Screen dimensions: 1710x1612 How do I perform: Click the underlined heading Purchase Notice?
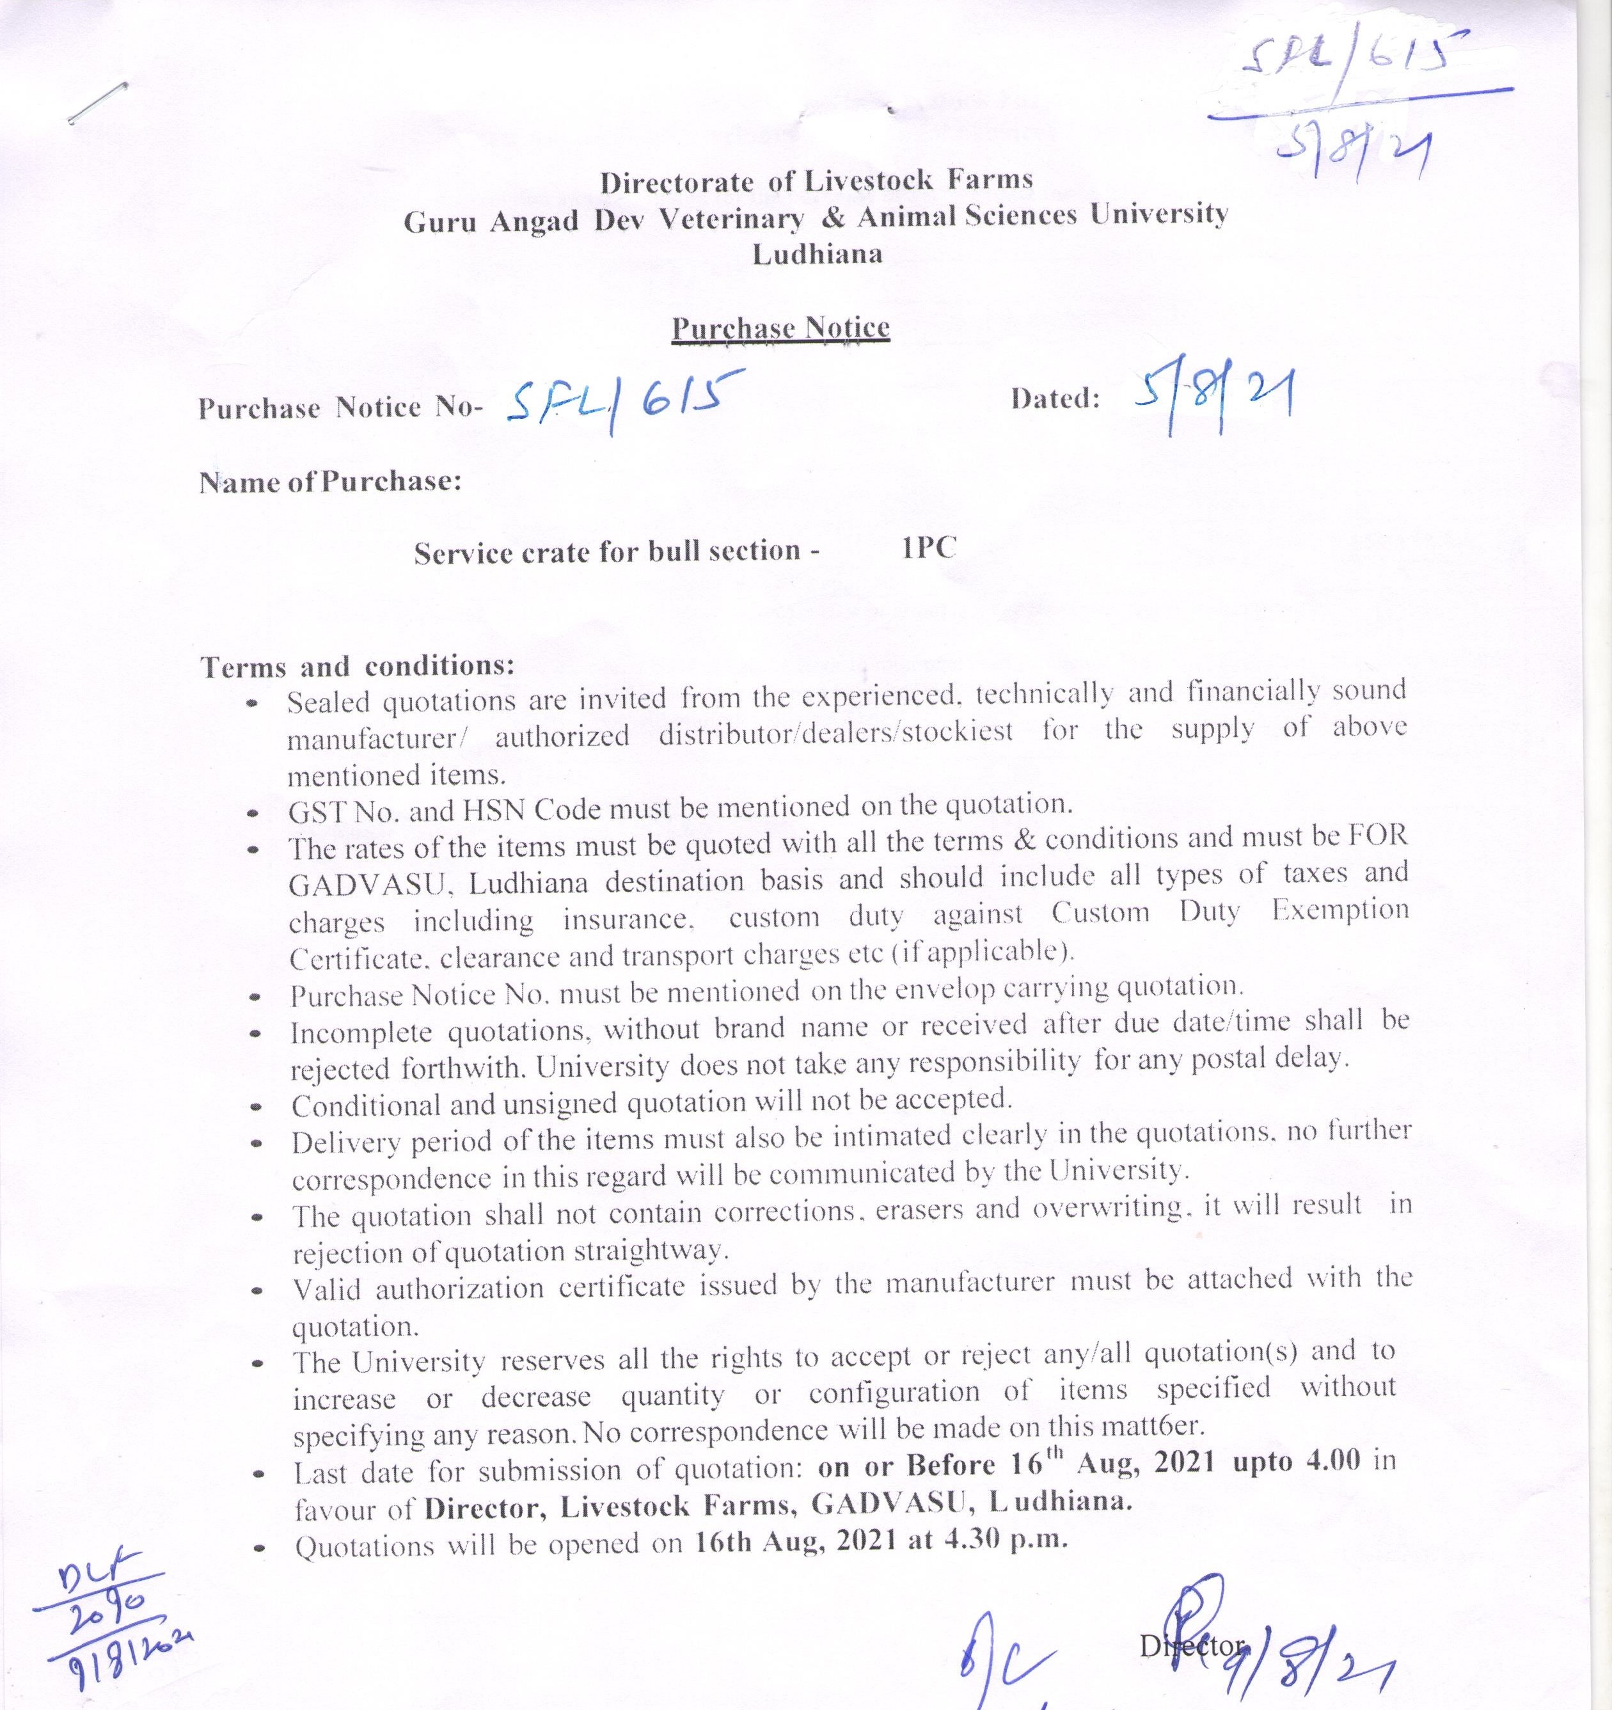click(x=780, y=329)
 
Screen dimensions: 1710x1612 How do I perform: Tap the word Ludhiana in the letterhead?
click(x=817, y=255)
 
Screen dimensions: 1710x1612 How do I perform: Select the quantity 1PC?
click(x=929, y=548)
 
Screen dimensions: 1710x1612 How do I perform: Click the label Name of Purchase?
click(x=330, y=482)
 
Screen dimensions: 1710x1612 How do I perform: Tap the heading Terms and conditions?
click(x=357, y=667)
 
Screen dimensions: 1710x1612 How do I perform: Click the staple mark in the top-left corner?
click(x=97, y=102)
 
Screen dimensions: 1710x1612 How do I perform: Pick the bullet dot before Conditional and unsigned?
click(x=255, y=1108)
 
